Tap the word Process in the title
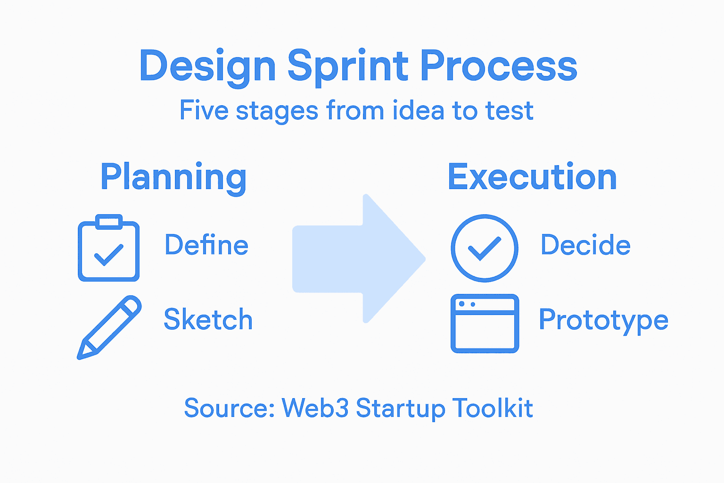coord(498,66)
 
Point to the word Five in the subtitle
coord(204,110)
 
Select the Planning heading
coord(173,177)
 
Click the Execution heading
coord(532,177)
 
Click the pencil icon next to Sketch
coord(109,327)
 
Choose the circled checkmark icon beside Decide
coord(485,248)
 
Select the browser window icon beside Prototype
coord(485,324)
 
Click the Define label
coord(206,245)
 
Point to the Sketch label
coord(208,320)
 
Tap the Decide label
coord(585,245)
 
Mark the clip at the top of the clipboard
coord(109,222)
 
